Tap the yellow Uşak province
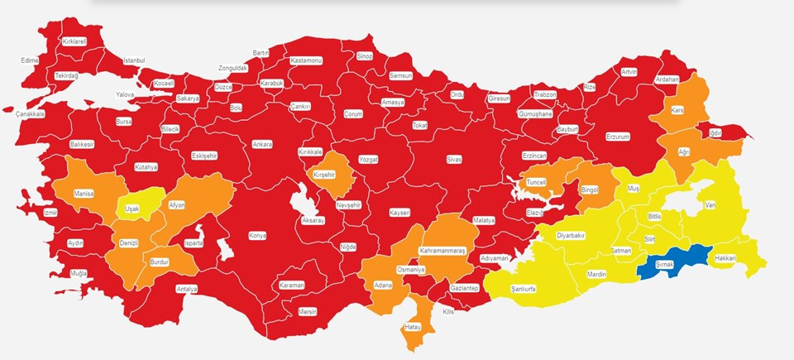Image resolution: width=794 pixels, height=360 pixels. click(132, 209)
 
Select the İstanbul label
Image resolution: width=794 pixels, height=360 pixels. click(134, 60)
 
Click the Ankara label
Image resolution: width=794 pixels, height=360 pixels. click(262, 144)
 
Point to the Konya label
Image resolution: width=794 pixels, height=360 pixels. click(257, 236)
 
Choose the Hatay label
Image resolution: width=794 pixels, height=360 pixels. click(412, 327)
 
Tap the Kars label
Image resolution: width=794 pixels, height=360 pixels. click(677, 110)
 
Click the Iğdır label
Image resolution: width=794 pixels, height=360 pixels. click(715, 132)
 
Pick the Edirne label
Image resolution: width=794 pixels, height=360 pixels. click(30, 60)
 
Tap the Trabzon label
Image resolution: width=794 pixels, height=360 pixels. click(545, 94)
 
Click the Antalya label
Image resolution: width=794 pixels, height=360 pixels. click(187, 289)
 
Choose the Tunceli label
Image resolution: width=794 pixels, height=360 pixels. click(537, 181)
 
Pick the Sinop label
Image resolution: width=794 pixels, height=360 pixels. click(365, 56)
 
